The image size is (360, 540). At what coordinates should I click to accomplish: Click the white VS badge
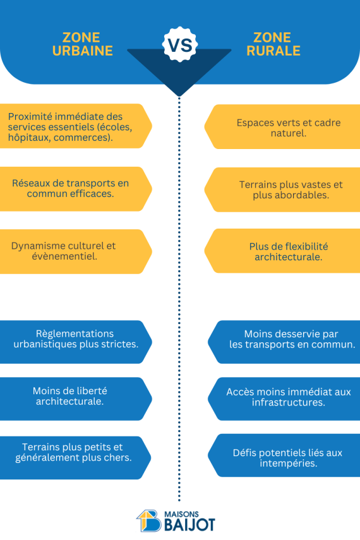pyautogui.click(x=180, y=44)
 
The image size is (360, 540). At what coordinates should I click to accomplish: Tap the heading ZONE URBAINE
pyautogui.click(x=83, y=44)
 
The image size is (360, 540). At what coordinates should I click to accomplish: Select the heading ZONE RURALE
pyautogui.click(x=273, y=44)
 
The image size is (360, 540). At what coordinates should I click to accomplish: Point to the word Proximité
pyautogui.click(x=30, y=117)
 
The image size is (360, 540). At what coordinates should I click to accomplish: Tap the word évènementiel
pyautogui.click(x=64, y=256)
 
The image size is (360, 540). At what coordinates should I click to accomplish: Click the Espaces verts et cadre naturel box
pyautogui.click(x=282, y=127)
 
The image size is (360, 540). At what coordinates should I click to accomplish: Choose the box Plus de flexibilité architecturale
pyautogui.click(x=282, y=251)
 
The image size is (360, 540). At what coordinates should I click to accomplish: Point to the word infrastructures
pyautogui.click(x=289, y=402)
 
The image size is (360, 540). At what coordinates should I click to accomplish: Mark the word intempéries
pyautogui.click(x=289, y=463)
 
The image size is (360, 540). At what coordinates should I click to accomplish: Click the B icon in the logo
pyautogui.click(x=149, y=520)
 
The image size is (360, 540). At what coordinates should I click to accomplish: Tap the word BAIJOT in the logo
pyautogui.click(x=189, y=525)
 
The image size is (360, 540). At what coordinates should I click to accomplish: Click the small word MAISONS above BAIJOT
pyautogui.click(x=181, y=514)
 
